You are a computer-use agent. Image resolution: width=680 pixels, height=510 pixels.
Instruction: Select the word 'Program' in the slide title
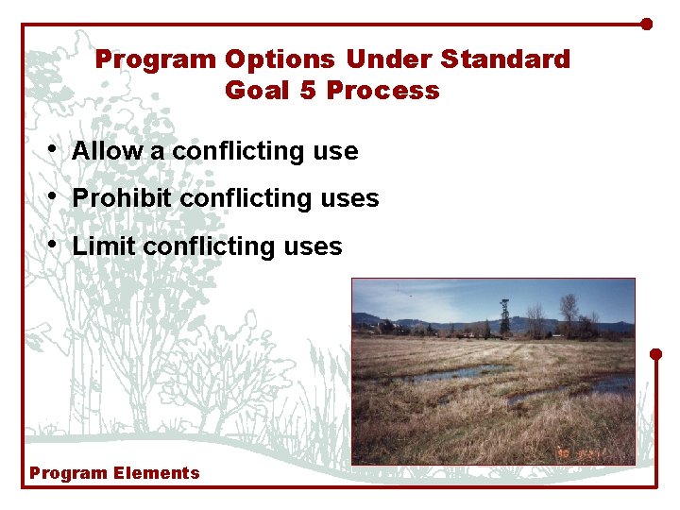tap(155, 59)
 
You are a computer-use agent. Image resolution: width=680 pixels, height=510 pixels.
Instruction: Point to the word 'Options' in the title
tap(280, 59)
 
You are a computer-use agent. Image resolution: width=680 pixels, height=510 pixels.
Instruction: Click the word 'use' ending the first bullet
tap(334, 151)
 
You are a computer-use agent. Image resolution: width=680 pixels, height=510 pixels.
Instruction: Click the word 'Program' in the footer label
tap(69, 473)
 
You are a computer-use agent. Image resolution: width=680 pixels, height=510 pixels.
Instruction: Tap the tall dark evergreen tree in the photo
tap(505, 317)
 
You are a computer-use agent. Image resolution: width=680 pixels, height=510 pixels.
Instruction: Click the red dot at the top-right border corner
tap(647, 24)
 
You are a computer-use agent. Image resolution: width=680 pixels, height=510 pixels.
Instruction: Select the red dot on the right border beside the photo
tap(656, 354)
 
